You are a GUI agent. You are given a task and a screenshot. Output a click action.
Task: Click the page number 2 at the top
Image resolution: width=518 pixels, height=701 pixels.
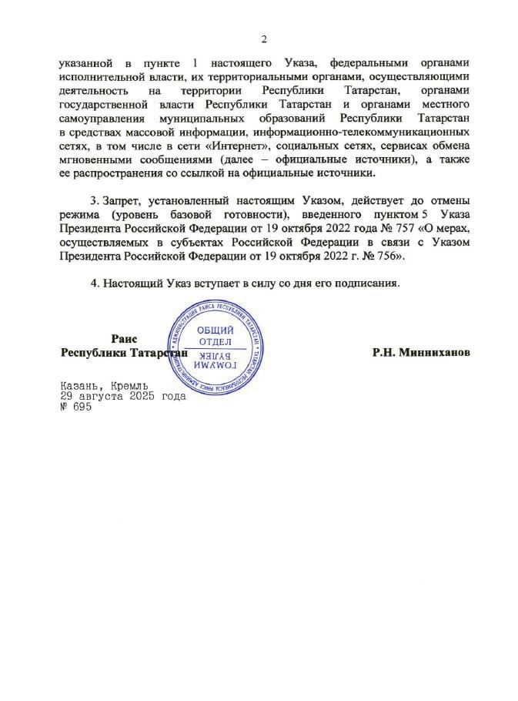pos(263,39)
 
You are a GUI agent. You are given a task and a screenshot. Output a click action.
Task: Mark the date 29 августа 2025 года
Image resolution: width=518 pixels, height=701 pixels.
pos(122,397)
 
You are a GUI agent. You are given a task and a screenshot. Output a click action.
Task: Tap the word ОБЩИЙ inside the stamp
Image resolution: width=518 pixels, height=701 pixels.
pos(216,329)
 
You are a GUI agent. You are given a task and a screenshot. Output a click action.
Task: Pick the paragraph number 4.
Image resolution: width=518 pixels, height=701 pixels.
pos(95,283)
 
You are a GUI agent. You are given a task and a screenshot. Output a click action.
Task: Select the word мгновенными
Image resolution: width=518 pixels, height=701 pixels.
pos(97,159)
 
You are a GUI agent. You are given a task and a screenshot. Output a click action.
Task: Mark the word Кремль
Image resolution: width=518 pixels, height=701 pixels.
pos(125,385)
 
